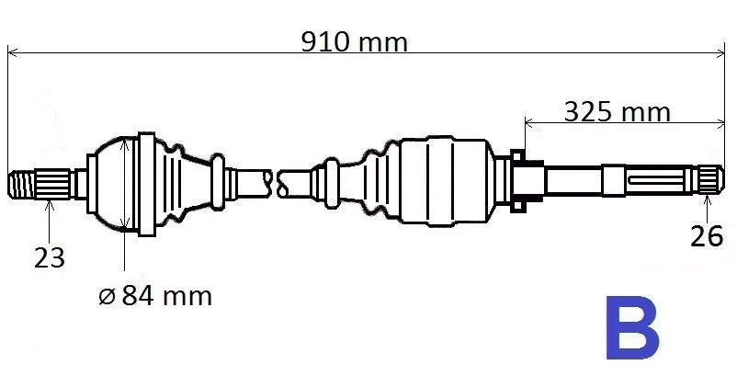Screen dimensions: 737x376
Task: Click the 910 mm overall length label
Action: [x=354, y=42]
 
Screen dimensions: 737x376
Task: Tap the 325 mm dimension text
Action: [x=617, y=112]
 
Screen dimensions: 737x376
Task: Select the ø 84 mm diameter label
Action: [x=155, y=296]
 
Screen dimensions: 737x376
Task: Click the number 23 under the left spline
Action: [x=50, y=257]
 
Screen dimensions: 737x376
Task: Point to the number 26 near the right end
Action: [x=707, y=236]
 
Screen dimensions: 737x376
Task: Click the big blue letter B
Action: [x=632, y=327]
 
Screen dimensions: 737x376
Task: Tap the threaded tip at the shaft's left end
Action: [x=22, y=184]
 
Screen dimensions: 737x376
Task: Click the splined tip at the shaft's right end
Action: [x=710, y=180]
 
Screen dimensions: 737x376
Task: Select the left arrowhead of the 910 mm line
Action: [x=13, y=52]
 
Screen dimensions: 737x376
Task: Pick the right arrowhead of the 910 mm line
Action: [x=720, y=52]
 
